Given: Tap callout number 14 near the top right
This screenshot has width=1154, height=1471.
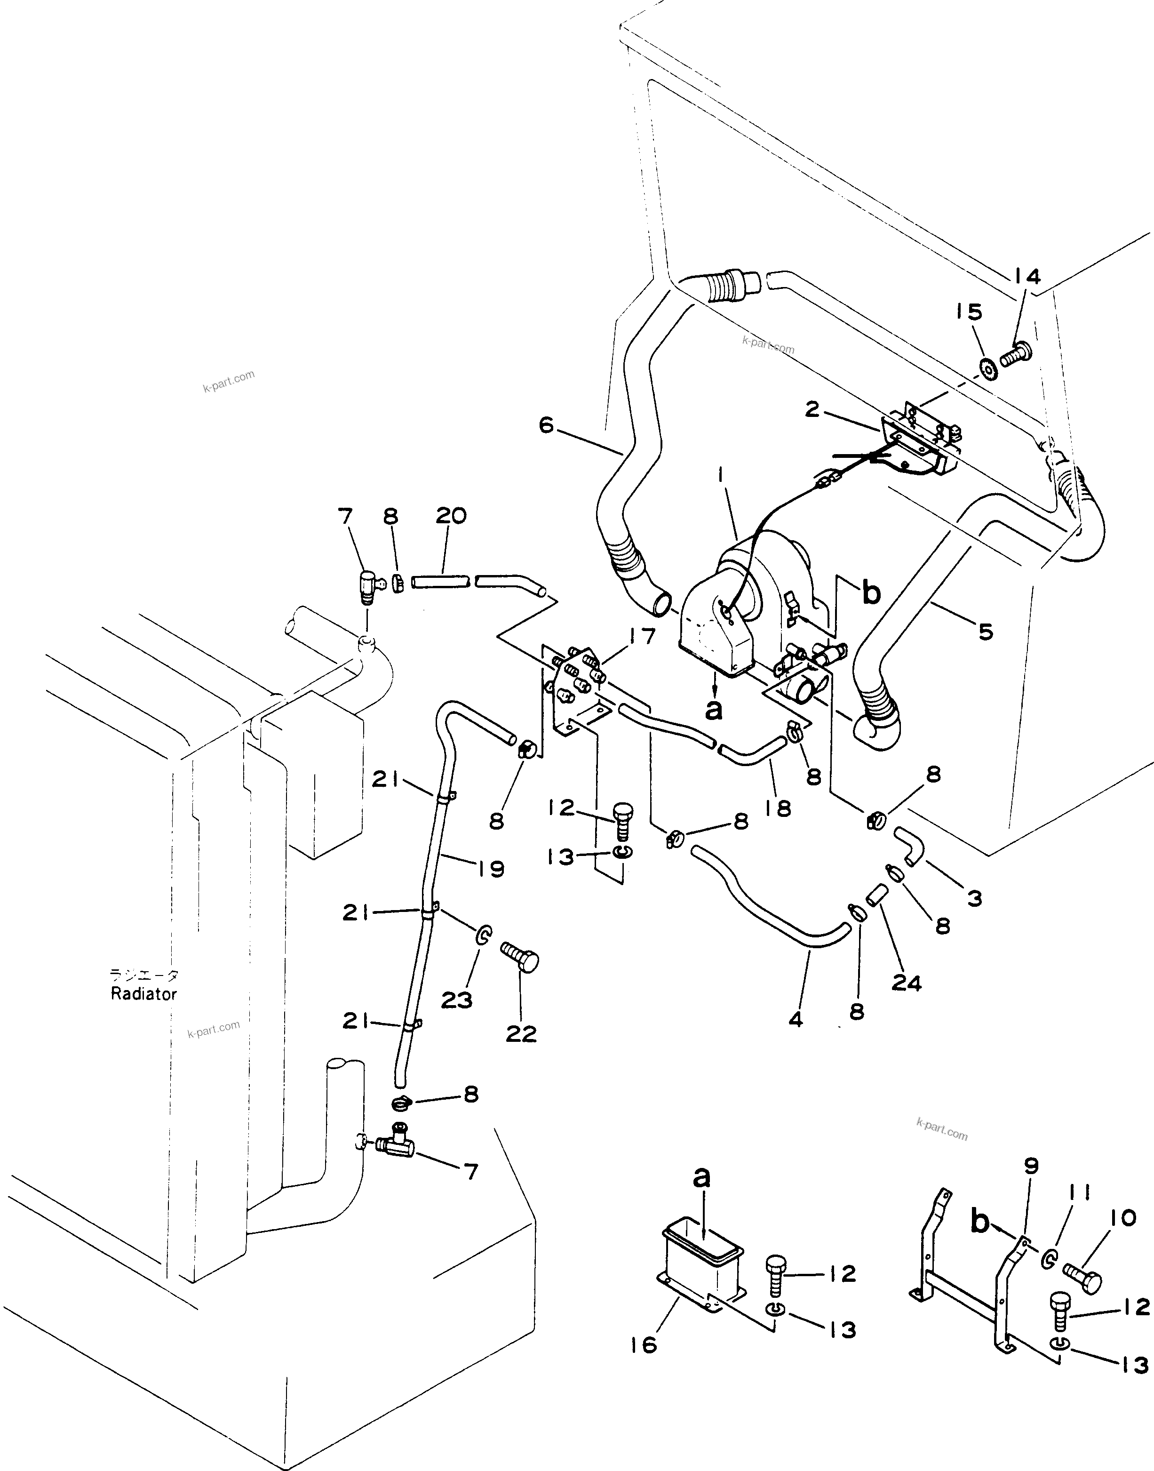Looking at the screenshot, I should tap(1027, 276).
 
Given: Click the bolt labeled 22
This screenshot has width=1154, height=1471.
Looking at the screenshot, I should tap(520, 959).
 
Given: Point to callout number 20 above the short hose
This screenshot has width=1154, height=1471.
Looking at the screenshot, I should tap(451, 516).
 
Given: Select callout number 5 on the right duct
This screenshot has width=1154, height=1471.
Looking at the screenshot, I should tap(986, 632).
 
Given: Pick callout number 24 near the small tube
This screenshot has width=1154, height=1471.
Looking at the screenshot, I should tap(906, 983).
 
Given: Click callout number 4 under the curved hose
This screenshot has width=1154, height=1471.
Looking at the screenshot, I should tap(796, 1020).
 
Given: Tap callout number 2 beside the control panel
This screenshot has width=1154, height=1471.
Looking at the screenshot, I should tap(812, 409).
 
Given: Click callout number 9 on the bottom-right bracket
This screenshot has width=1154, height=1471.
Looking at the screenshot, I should tap(1031, 1166).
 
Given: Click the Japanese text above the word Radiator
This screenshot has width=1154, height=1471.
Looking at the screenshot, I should tap(144, 975).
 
